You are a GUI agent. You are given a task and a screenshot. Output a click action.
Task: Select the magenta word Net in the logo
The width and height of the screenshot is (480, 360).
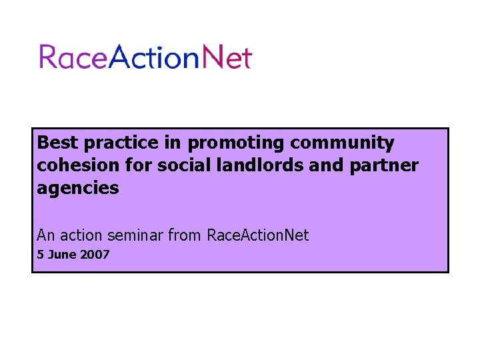[227, 57]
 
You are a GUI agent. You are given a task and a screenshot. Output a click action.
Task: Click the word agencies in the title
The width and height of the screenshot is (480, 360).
[78, 189]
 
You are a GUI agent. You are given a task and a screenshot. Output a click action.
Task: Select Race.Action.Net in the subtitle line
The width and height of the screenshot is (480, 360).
[258, 235]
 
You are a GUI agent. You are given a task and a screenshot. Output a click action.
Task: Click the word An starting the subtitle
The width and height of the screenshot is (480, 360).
[46, 235]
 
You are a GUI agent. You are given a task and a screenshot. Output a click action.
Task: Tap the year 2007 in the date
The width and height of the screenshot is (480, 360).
[95, 255]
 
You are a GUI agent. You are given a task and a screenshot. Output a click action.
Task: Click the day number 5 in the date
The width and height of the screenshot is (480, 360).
[41, 255]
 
